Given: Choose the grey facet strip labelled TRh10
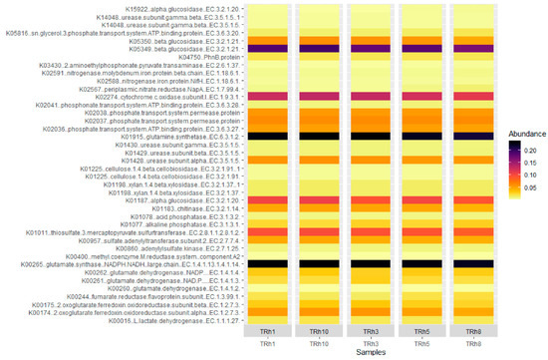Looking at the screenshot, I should point(319,330).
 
